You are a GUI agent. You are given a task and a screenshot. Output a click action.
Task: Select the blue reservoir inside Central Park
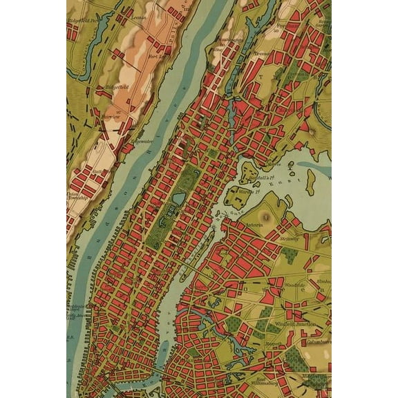pyautogui.click(x=178, y=199)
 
